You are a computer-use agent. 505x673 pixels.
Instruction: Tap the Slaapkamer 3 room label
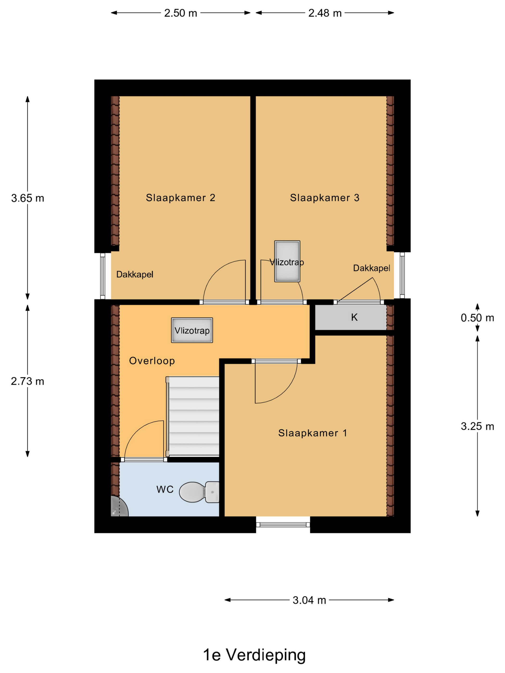click(324, 198)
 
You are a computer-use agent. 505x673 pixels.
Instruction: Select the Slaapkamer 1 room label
click(312, 433)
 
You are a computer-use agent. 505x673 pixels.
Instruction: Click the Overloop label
click(152, 361)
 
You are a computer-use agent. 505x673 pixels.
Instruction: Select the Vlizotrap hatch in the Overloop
click(192, 330)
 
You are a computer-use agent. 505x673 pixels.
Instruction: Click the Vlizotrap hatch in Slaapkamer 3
click(287, 261)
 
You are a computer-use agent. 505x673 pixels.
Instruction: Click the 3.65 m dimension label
click(27, 198)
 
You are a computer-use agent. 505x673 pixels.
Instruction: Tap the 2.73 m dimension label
click(27, 381)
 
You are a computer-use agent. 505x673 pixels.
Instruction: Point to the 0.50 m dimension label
click(477, 318)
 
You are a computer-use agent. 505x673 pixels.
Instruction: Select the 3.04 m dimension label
click(309, 600)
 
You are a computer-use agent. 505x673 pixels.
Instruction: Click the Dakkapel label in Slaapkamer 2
click(134, 274)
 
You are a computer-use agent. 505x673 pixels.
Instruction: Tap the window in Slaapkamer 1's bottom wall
click(283, 524)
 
